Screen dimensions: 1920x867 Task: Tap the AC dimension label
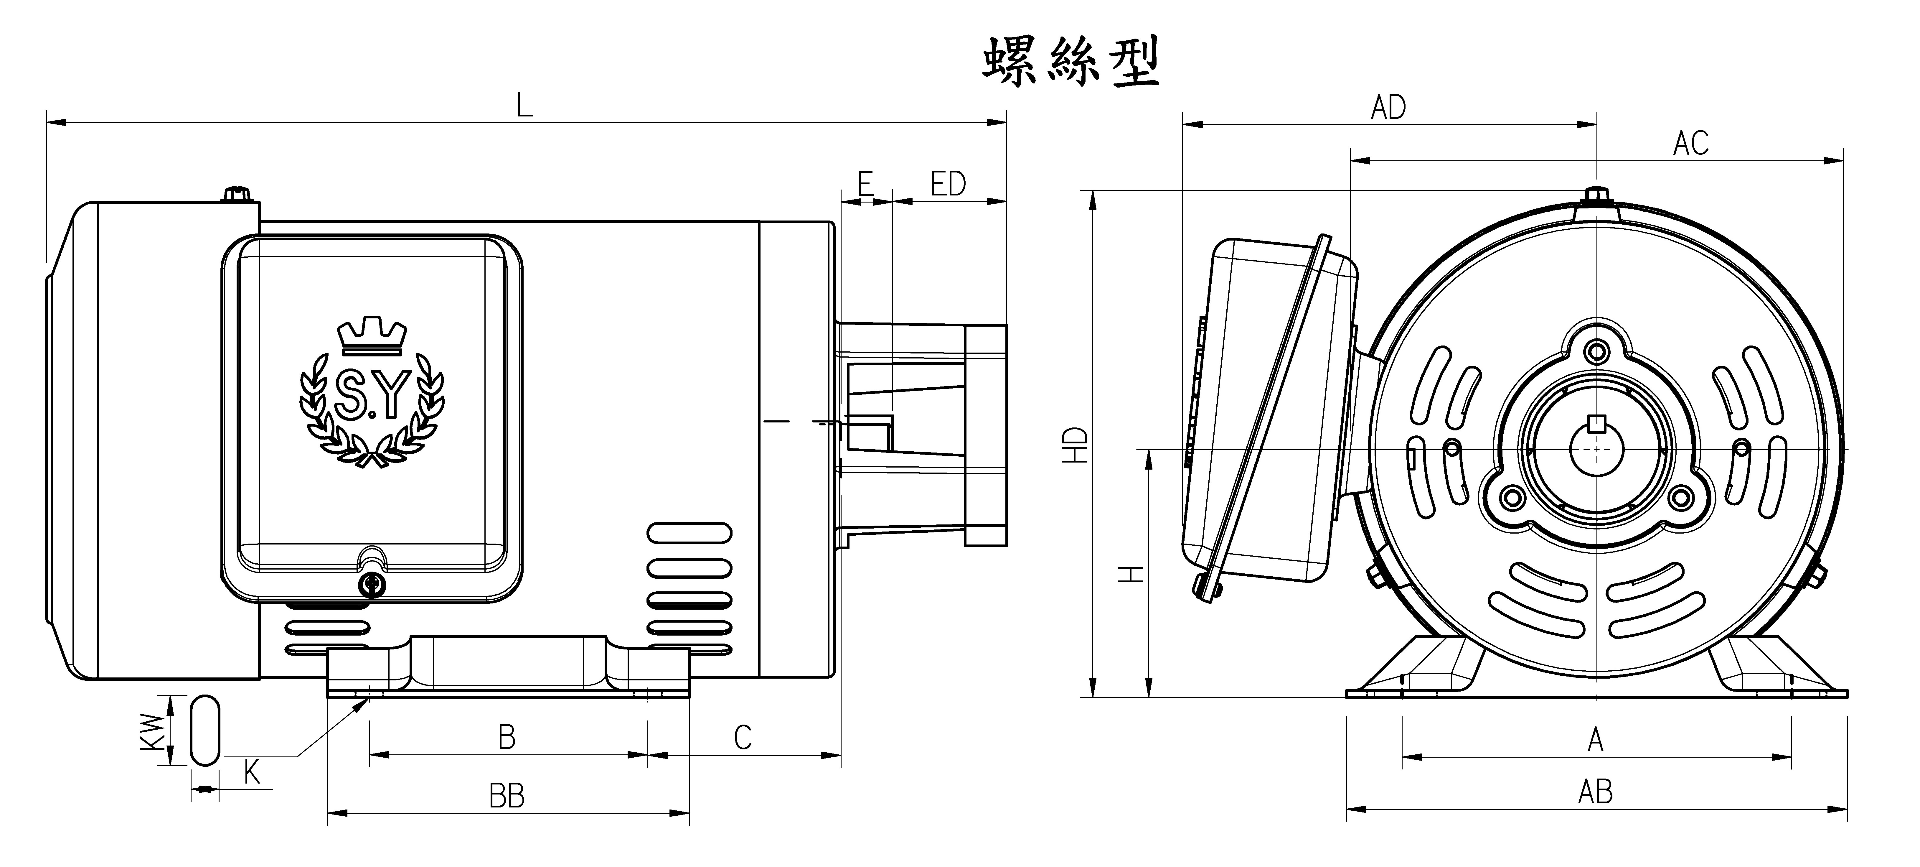1690,143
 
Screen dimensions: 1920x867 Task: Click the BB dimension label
507,796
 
